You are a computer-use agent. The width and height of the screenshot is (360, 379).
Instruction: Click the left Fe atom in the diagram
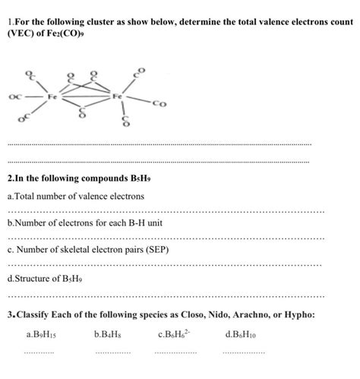[x=52, y=97]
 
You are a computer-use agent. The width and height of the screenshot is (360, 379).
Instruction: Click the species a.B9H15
[x=40, y=333]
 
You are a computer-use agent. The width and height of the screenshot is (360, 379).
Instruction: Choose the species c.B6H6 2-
[x=177, y=333]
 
